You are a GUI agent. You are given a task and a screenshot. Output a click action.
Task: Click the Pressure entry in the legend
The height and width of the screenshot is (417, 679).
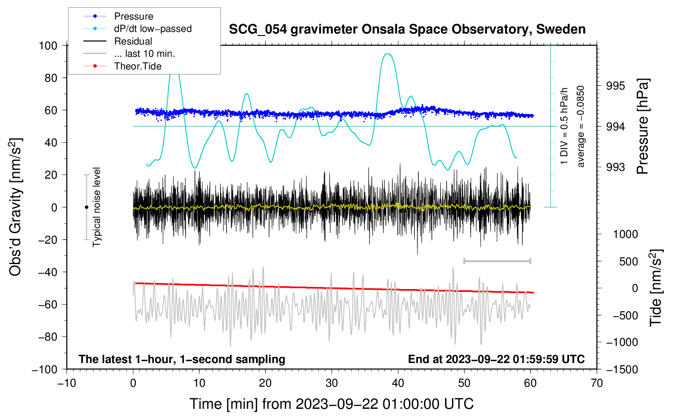[118, 16]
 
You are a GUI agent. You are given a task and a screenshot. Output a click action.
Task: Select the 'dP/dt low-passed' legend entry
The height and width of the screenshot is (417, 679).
[137, 29]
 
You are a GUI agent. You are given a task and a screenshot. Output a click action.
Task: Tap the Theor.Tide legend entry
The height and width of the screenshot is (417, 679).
[122, 66]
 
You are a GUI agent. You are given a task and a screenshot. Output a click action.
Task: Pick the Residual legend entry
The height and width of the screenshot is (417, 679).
[118, 41]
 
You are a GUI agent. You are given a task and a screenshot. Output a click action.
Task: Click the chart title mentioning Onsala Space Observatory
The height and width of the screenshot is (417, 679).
[407, 29]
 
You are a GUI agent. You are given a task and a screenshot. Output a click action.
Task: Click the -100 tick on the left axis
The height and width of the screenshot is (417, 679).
[45, 370]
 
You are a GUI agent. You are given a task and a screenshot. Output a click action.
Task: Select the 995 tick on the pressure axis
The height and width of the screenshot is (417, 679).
[615, 86]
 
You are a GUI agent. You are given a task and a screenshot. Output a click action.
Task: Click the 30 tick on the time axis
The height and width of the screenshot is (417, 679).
[332, 383]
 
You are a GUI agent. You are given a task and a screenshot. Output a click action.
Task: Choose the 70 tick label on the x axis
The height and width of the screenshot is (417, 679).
[596, 383]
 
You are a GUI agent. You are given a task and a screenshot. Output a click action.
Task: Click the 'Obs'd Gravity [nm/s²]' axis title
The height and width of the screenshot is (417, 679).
[16, 207]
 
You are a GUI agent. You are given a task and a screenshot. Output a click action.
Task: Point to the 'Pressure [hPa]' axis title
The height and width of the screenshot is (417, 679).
[643, 126]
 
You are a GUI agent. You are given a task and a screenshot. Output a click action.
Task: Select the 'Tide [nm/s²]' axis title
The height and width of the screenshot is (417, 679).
[656, 288]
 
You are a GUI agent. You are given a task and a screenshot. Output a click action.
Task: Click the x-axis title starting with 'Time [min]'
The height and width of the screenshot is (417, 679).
[332, 404]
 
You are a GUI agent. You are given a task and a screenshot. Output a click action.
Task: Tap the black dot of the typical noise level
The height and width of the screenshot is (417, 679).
[86, 207]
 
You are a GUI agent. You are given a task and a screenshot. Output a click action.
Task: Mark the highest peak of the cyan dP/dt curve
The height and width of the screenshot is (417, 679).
[387, 54]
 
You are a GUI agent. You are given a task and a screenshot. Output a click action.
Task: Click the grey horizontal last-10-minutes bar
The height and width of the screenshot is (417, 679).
[497, 261]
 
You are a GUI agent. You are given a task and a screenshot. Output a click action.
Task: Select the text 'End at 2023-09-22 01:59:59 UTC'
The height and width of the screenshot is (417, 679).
[496, 359]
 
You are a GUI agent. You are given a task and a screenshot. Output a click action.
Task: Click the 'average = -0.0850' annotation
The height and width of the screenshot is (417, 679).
[580, 126]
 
